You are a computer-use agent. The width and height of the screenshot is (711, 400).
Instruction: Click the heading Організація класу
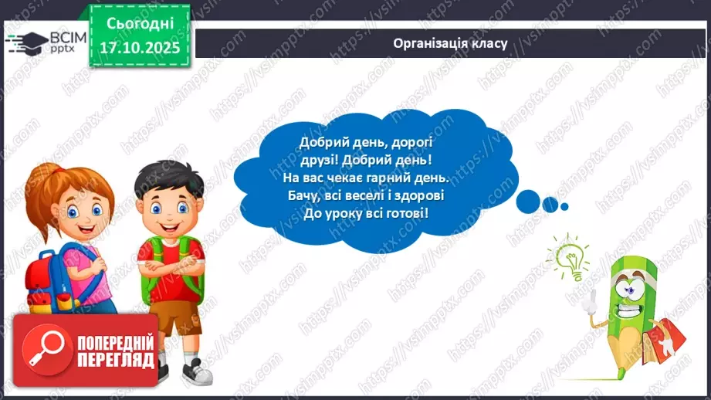click(x=449, y=43)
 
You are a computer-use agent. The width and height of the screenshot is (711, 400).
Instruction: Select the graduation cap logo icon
click(x=26, y=40)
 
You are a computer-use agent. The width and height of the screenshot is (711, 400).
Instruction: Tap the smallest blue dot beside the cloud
click(x=564, y=206)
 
